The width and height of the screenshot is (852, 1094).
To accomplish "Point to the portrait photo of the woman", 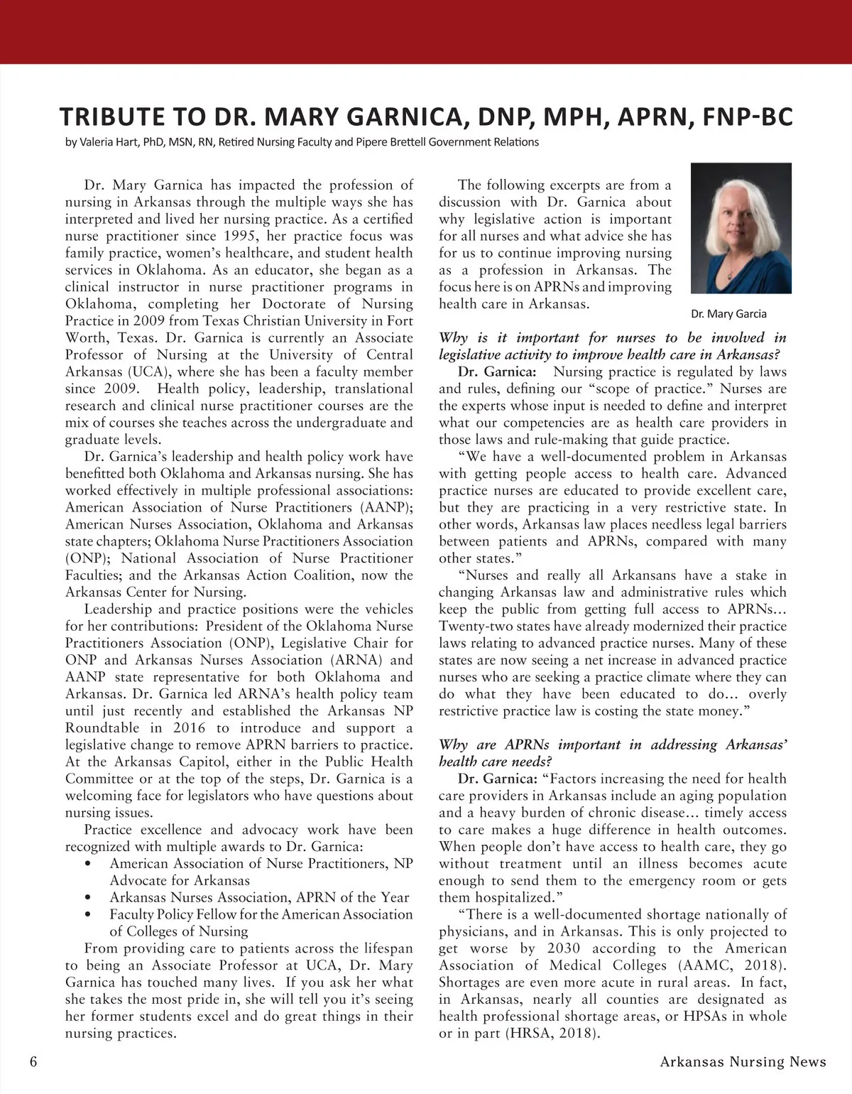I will click(x=741, y=228).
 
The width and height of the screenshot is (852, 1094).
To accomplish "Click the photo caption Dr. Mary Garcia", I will click(x=728, y=313).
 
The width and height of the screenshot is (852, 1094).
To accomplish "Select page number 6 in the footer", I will click(x=33, y=1062).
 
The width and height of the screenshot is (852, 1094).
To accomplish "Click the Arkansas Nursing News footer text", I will click(x=743, y=1062).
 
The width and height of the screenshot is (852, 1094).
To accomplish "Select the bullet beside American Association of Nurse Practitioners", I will click(x=87, y=864).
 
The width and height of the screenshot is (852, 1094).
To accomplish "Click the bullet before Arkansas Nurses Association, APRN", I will click(x=87, y=898).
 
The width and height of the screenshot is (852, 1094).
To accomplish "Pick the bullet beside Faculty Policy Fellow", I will click(x=87, y=915).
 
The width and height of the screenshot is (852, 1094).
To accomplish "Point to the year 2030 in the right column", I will click(x=565, y=948).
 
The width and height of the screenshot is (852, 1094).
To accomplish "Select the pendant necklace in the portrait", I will click(x=731, y=272).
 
